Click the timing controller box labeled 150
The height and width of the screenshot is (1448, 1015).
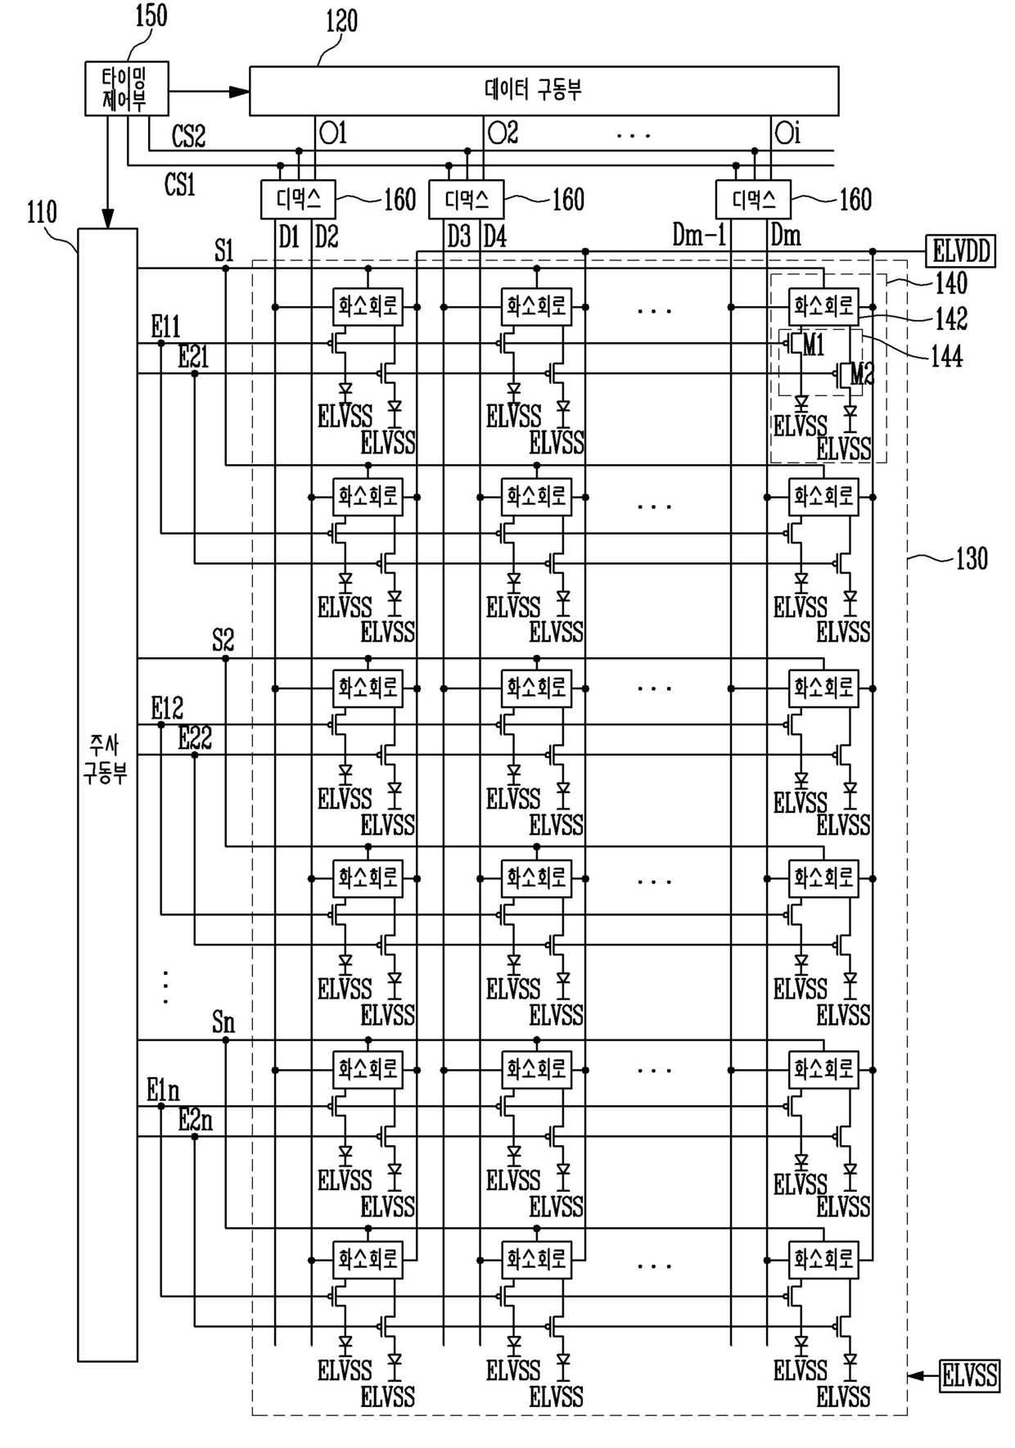tap(127, 88)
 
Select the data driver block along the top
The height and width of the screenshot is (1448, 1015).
tap(544, 91)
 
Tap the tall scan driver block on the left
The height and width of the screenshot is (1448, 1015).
tap(107, 795)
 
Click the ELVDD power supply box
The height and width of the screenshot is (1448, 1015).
tap(960, 250)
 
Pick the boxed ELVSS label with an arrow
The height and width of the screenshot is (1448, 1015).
tap(969, 1375)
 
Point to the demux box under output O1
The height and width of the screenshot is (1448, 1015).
tap(298, 199)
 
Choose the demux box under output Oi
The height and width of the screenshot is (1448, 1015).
tap(753, 199)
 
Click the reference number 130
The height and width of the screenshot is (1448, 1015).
tap(972, 558)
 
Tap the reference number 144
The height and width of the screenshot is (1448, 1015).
tap(946, 356)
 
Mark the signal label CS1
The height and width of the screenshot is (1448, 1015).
tap(180, 185)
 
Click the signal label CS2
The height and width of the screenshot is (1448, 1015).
tap(188, 136)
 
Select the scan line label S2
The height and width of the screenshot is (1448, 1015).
tap(223, 639)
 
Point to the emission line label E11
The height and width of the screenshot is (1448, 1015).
tap(165, 327)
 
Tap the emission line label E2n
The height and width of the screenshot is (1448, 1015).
tap(195, 1120)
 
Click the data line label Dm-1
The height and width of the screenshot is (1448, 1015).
tap(699, 236)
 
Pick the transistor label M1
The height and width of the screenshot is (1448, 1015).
tap(813, 345)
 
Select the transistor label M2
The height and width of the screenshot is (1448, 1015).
tap(862, 374)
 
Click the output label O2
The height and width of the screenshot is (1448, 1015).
tap(503, 133)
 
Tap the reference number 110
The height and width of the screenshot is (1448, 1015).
tap(42, 213)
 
